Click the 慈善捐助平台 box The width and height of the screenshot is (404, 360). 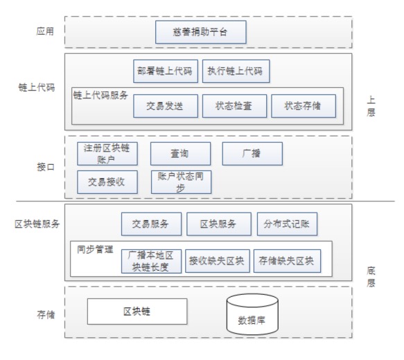click(201, 32)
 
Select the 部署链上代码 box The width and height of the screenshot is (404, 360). click(166, 71)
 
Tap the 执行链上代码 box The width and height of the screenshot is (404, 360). click(236, 71)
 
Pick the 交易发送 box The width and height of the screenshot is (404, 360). click(166, 106)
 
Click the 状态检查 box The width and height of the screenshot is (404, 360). click(234, 106)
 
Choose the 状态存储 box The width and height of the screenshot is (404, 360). click(304, 106)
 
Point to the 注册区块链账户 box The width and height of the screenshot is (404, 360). click(107, 154)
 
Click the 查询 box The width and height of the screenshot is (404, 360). click(181, 154)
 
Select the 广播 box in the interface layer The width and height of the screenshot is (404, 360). click(252, 154)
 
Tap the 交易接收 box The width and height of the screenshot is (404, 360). click(107, 182)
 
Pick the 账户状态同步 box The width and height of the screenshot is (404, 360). click(181, 182)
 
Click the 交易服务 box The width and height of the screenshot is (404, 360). click(152, 224)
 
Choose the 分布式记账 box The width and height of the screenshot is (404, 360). click(288, 224)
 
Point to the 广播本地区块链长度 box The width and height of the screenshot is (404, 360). click(152, 261)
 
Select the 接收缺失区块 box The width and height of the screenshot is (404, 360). click(218, 261)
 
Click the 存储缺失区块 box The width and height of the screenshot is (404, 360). click(288, 261)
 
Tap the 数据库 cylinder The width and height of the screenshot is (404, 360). click(252, 314)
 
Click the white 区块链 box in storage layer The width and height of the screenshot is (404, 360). click(137, 312)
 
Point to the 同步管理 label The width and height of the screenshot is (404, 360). click(95, 249)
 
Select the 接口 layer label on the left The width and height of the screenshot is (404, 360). click(46, 167)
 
